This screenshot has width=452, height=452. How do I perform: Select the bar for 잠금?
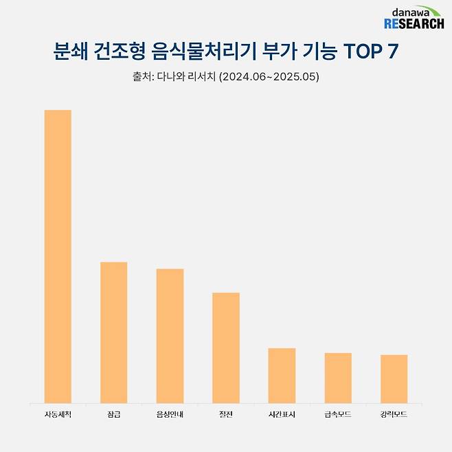114,332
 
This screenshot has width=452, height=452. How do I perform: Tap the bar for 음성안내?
170,336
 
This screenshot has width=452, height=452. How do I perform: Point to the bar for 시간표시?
282,376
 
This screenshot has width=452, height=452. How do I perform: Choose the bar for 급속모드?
338,378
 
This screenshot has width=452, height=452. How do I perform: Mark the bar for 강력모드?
394,378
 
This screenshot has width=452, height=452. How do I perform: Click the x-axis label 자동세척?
58,415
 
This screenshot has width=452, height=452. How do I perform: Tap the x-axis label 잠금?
114,415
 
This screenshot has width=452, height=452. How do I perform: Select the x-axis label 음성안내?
170,415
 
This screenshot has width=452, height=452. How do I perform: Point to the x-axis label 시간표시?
282,415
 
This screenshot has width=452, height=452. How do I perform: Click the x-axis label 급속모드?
338,415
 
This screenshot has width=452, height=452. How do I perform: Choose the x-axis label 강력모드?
394,415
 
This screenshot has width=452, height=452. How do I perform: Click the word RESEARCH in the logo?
414,24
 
